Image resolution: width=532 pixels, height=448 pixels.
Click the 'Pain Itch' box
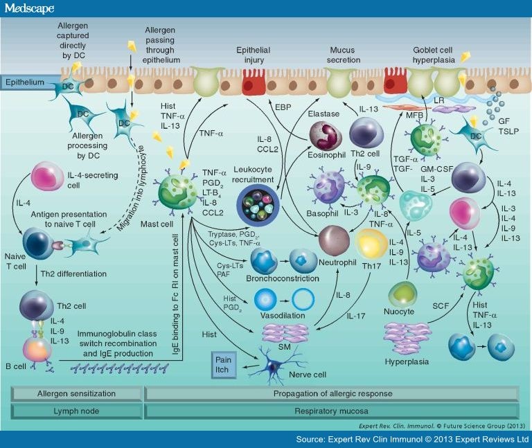point(223,364)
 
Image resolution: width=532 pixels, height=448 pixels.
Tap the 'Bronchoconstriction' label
point(283,278)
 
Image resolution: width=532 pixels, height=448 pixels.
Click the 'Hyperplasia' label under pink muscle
point(408,361)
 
